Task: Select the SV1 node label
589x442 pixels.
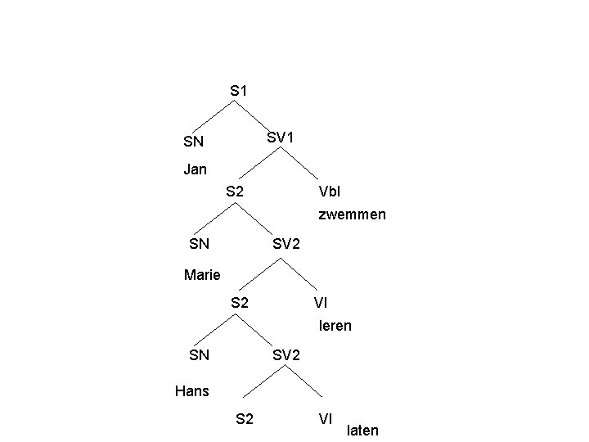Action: point(279,138)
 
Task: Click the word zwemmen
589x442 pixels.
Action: point(352,215)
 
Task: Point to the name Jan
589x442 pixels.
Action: point(196,170)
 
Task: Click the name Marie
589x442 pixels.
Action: point(202,275)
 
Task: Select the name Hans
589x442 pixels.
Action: point(192,391)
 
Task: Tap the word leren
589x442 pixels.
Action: point(335,326)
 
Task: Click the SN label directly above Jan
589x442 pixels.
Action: point(194,142)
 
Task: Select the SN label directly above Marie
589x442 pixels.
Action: point(199,244)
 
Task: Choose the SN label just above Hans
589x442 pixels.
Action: point(199,355)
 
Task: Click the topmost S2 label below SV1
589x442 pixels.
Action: point(234,192)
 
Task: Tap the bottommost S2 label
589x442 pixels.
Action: point(244,420)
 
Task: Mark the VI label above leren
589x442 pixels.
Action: point(321,304)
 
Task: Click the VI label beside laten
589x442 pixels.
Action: point(325,419)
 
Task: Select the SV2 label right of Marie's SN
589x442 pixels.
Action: point(286,244)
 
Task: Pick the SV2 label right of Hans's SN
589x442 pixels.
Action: point(286,355)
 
